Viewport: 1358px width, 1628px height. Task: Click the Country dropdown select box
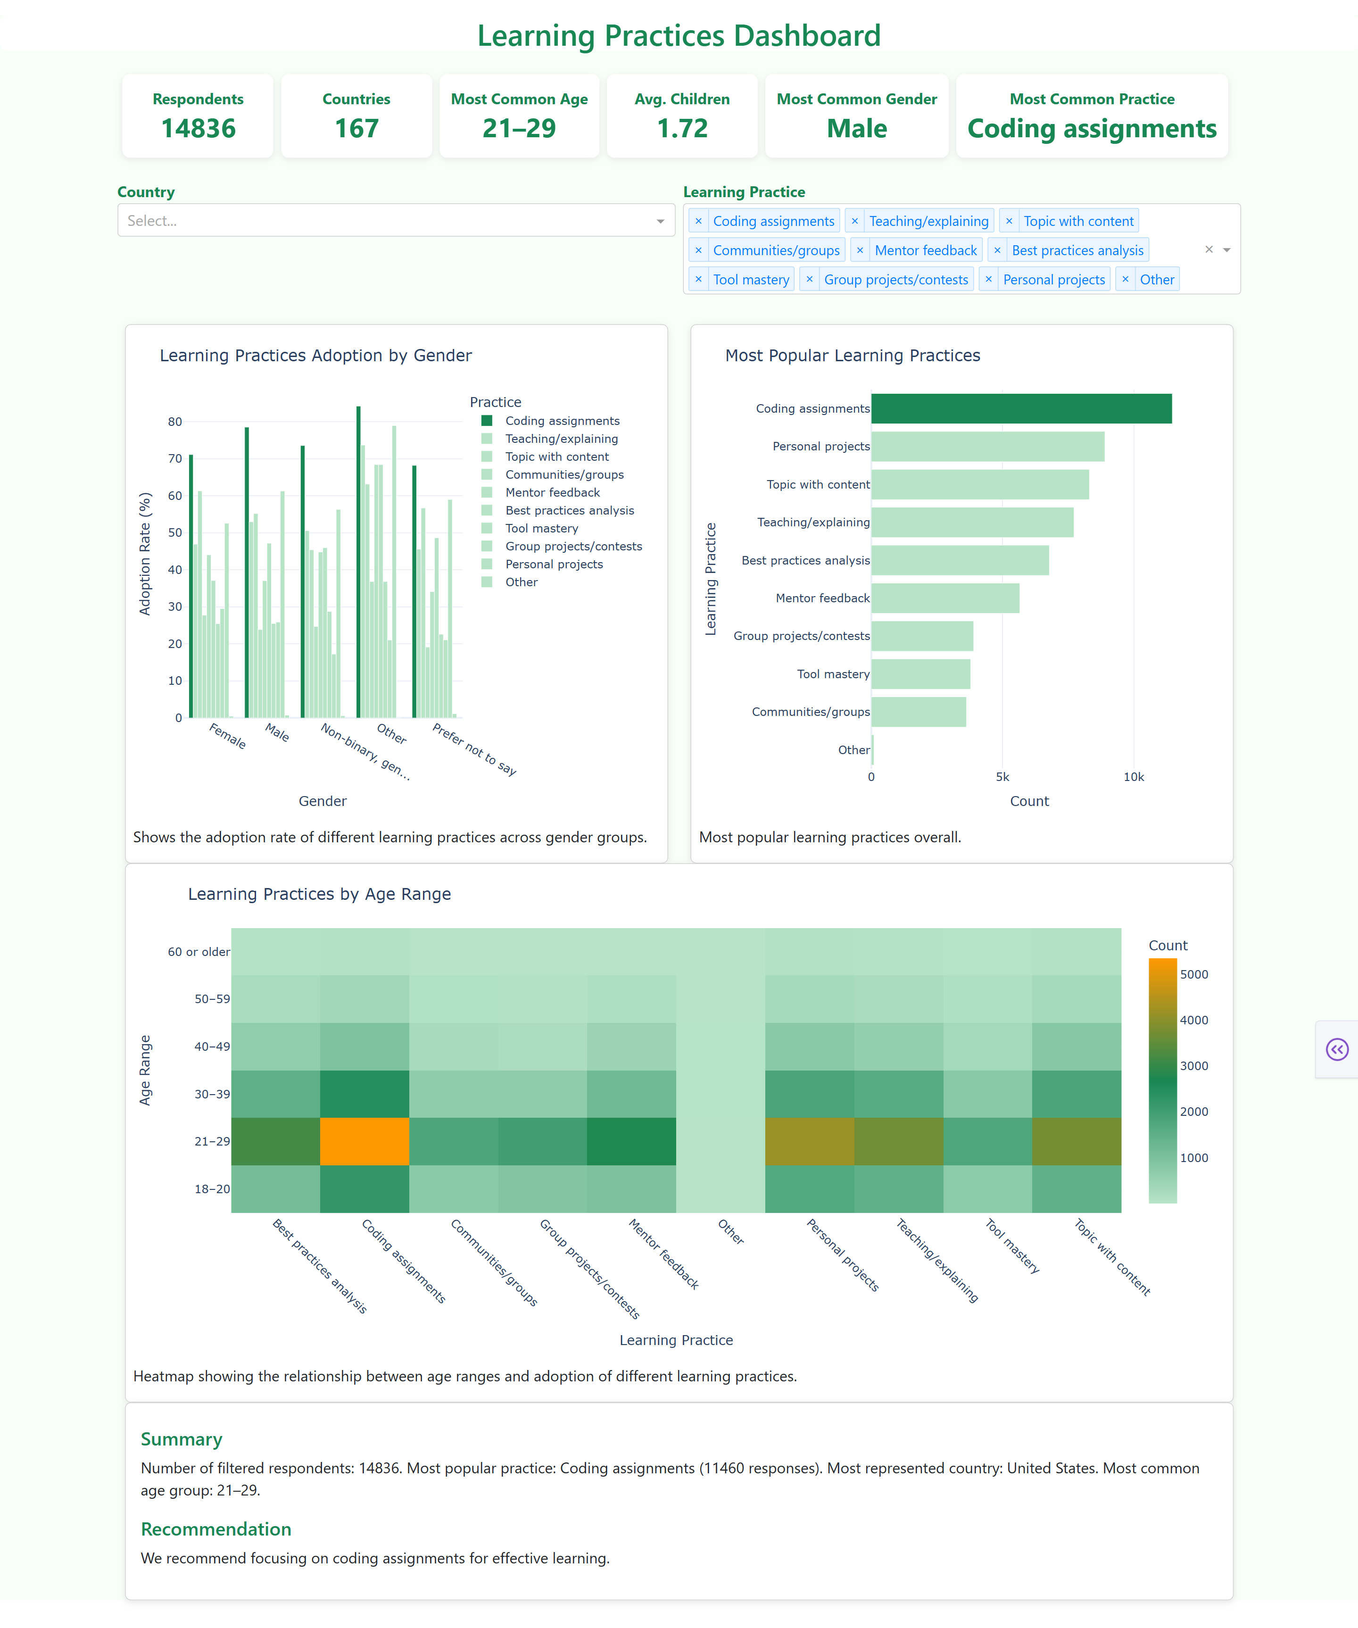click(395, 220)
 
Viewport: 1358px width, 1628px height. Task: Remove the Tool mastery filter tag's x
click(698, 279)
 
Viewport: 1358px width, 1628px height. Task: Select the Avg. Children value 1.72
click(682, 128)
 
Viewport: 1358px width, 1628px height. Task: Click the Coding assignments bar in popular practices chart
click(1021, 408)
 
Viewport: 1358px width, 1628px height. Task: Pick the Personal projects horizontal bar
click(987, 447)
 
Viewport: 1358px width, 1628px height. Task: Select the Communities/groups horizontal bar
click(919, 712)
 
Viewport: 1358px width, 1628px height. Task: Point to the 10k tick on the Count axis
click(1133, 777)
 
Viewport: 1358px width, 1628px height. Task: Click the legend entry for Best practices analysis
click(569, 510)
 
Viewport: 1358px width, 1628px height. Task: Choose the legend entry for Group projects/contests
click(573, 546)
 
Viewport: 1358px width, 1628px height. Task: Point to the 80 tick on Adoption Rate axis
click(175, 422)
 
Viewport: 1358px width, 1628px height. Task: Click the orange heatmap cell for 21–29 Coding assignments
click(364, 1141)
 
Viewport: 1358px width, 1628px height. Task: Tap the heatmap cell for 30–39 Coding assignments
click(364, 1094)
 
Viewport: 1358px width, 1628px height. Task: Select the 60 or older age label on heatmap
click(199, 952)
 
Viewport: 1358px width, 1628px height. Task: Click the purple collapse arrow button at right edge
click(1337, 1050)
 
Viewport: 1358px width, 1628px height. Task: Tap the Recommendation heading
click(216, 1529)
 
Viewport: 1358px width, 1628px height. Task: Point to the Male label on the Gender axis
click(277, 732)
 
